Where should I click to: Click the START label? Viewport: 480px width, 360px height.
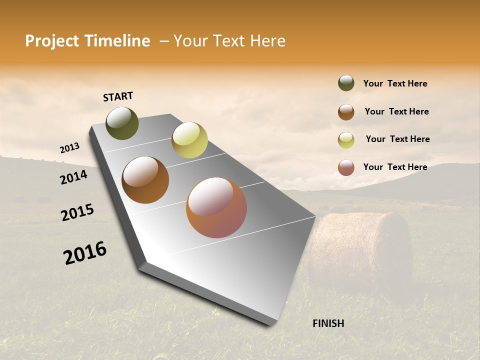coord(118,96)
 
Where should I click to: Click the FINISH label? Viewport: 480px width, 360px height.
coord(328,323)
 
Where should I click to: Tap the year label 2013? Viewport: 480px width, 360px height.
coord(69,148)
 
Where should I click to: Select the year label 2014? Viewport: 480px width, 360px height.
coord(73,177)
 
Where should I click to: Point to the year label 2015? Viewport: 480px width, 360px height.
coord(77,212)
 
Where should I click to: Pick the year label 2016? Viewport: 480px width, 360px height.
coord(84,253)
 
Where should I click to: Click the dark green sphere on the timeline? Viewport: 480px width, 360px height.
coord(122,123)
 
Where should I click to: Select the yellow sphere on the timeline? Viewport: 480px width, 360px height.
coord(189,140)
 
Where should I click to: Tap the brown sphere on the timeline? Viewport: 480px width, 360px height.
coord(145,179)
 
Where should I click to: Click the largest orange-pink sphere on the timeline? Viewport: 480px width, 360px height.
coord(216,207)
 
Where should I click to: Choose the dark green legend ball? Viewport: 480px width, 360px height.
coord(346,83)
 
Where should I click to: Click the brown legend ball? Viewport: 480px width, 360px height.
coord(346,112)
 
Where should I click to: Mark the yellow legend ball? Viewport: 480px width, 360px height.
coord(346,140)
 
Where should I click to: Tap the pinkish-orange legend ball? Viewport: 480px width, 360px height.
coord(346,167)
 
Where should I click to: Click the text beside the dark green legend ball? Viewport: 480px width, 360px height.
coord(395,83)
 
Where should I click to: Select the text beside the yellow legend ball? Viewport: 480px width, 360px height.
coord(397,139)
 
